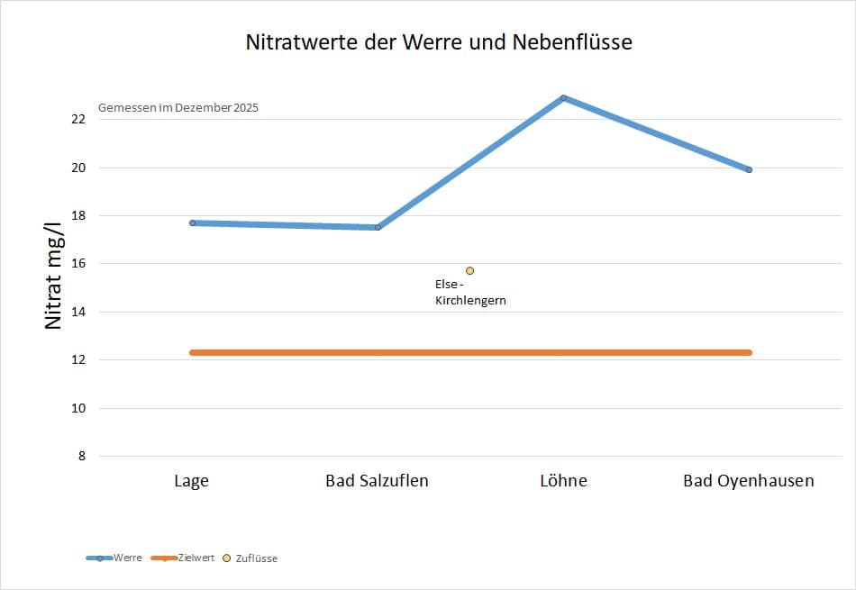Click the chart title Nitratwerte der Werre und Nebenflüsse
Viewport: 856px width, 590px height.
point(439,42)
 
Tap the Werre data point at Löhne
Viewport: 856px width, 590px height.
point(563,98)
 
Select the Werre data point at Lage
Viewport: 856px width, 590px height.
point(192,222)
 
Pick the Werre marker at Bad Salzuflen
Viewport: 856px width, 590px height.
point(378,227)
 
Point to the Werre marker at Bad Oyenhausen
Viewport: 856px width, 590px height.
point(749,169)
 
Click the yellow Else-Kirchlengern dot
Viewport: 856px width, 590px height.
point(469,271)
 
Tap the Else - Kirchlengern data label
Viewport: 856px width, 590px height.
point(470,292)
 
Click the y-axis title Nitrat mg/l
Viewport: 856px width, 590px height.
point(53,276)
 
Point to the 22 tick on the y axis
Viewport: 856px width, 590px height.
point(78,119)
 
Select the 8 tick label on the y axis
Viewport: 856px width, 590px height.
point(82,456)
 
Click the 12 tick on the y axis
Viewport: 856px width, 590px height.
point(78,359)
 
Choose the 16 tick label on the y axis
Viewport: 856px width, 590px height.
point(78,264)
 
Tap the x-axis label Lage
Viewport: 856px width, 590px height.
point(191,481)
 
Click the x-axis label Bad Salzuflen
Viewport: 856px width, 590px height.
point(377,481)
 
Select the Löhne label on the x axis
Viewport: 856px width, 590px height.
point(563,481)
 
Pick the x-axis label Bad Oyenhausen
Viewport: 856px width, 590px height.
point(749,481)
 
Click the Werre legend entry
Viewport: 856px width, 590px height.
point(114,558)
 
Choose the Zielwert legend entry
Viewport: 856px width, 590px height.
point(182,558)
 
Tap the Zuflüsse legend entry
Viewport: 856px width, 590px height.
point(250,558)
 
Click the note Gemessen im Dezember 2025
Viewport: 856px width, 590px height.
point(178,107)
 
